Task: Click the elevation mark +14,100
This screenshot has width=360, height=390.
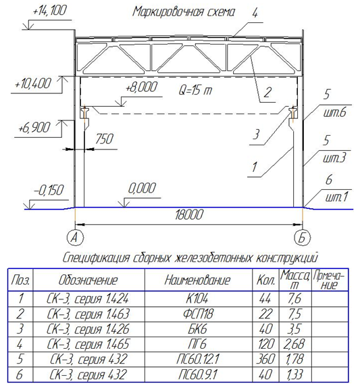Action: [50, 11]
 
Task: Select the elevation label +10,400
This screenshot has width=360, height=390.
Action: [33, 83]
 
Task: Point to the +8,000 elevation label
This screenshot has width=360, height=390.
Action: [141, 87]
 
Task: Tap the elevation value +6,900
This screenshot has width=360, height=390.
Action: [34, 128]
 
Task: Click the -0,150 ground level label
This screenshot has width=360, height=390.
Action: [49, 191]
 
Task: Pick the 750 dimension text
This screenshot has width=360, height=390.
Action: [105, 139]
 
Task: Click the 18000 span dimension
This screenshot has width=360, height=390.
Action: [189, 214]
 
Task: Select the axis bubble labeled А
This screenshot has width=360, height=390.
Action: [75, 237]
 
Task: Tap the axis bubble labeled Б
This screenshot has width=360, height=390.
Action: [302, 237]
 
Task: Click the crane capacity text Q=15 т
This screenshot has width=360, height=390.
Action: [195, 90]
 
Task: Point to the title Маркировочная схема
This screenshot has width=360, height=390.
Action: [184, 12]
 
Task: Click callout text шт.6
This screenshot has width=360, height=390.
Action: [334, 112]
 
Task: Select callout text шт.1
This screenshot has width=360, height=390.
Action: [336, 197]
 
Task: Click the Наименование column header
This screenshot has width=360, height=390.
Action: [197, 280]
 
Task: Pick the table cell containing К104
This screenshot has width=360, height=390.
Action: [197, 298]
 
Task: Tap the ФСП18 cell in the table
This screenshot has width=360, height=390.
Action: [198, 314]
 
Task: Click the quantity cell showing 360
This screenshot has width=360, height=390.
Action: [265, 359]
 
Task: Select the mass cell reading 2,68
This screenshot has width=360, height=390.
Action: [295, 344]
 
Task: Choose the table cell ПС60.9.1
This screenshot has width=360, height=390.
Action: [198, 374]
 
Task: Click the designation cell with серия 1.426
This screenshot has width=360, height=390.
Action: [88, 329]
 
